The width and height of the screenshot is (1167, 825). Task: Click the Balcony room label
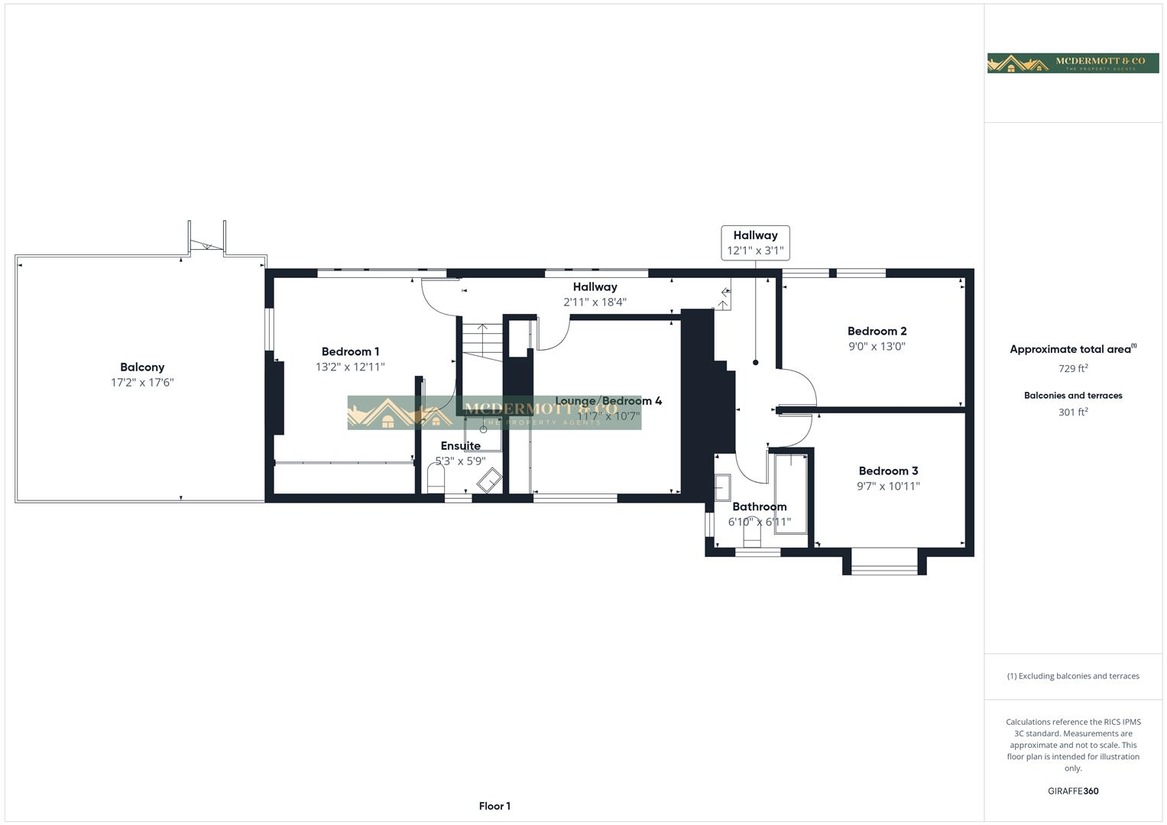coord(142,367)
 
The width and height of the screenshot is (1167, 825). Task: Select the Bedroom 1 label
coord(350,351)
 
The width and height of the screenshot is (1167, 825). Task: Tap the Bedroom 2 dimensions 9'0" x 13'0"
coord(877,346)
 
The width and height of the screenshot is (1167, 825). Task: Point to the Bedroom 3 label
coord(888,471)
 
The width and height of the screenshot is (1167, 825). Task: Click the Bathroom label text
coord(759,506)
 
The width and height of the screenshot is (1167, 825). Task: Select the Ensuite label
coord(460,446)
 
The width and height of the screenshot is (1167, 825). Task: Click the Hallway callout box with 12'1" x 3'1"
coord(755,243)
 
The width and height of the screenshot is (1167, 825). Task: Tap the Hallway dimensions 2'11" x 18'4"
coord(595,302)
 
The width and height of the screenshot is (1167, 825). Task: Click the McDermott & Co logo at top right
coord(1072,63)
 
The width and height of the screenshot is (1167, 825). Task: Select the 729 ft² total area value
coord(1073,368)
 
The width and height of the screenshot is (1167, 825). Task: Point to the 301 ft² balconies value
coord(1073,412)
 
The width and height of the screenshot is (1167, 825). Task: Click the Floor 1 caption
coord(494,806)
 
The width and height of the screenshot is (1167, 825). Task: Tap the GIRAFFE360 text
coord(1073,791)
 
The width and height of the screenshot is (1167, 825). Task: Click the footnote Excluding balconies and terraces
coord(1073,676)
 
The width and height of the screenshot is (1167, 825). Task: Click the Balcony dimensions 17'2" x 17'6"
coord(142,383)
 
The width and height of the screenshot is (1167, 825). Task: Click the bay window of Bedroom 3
coord(884,565)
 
